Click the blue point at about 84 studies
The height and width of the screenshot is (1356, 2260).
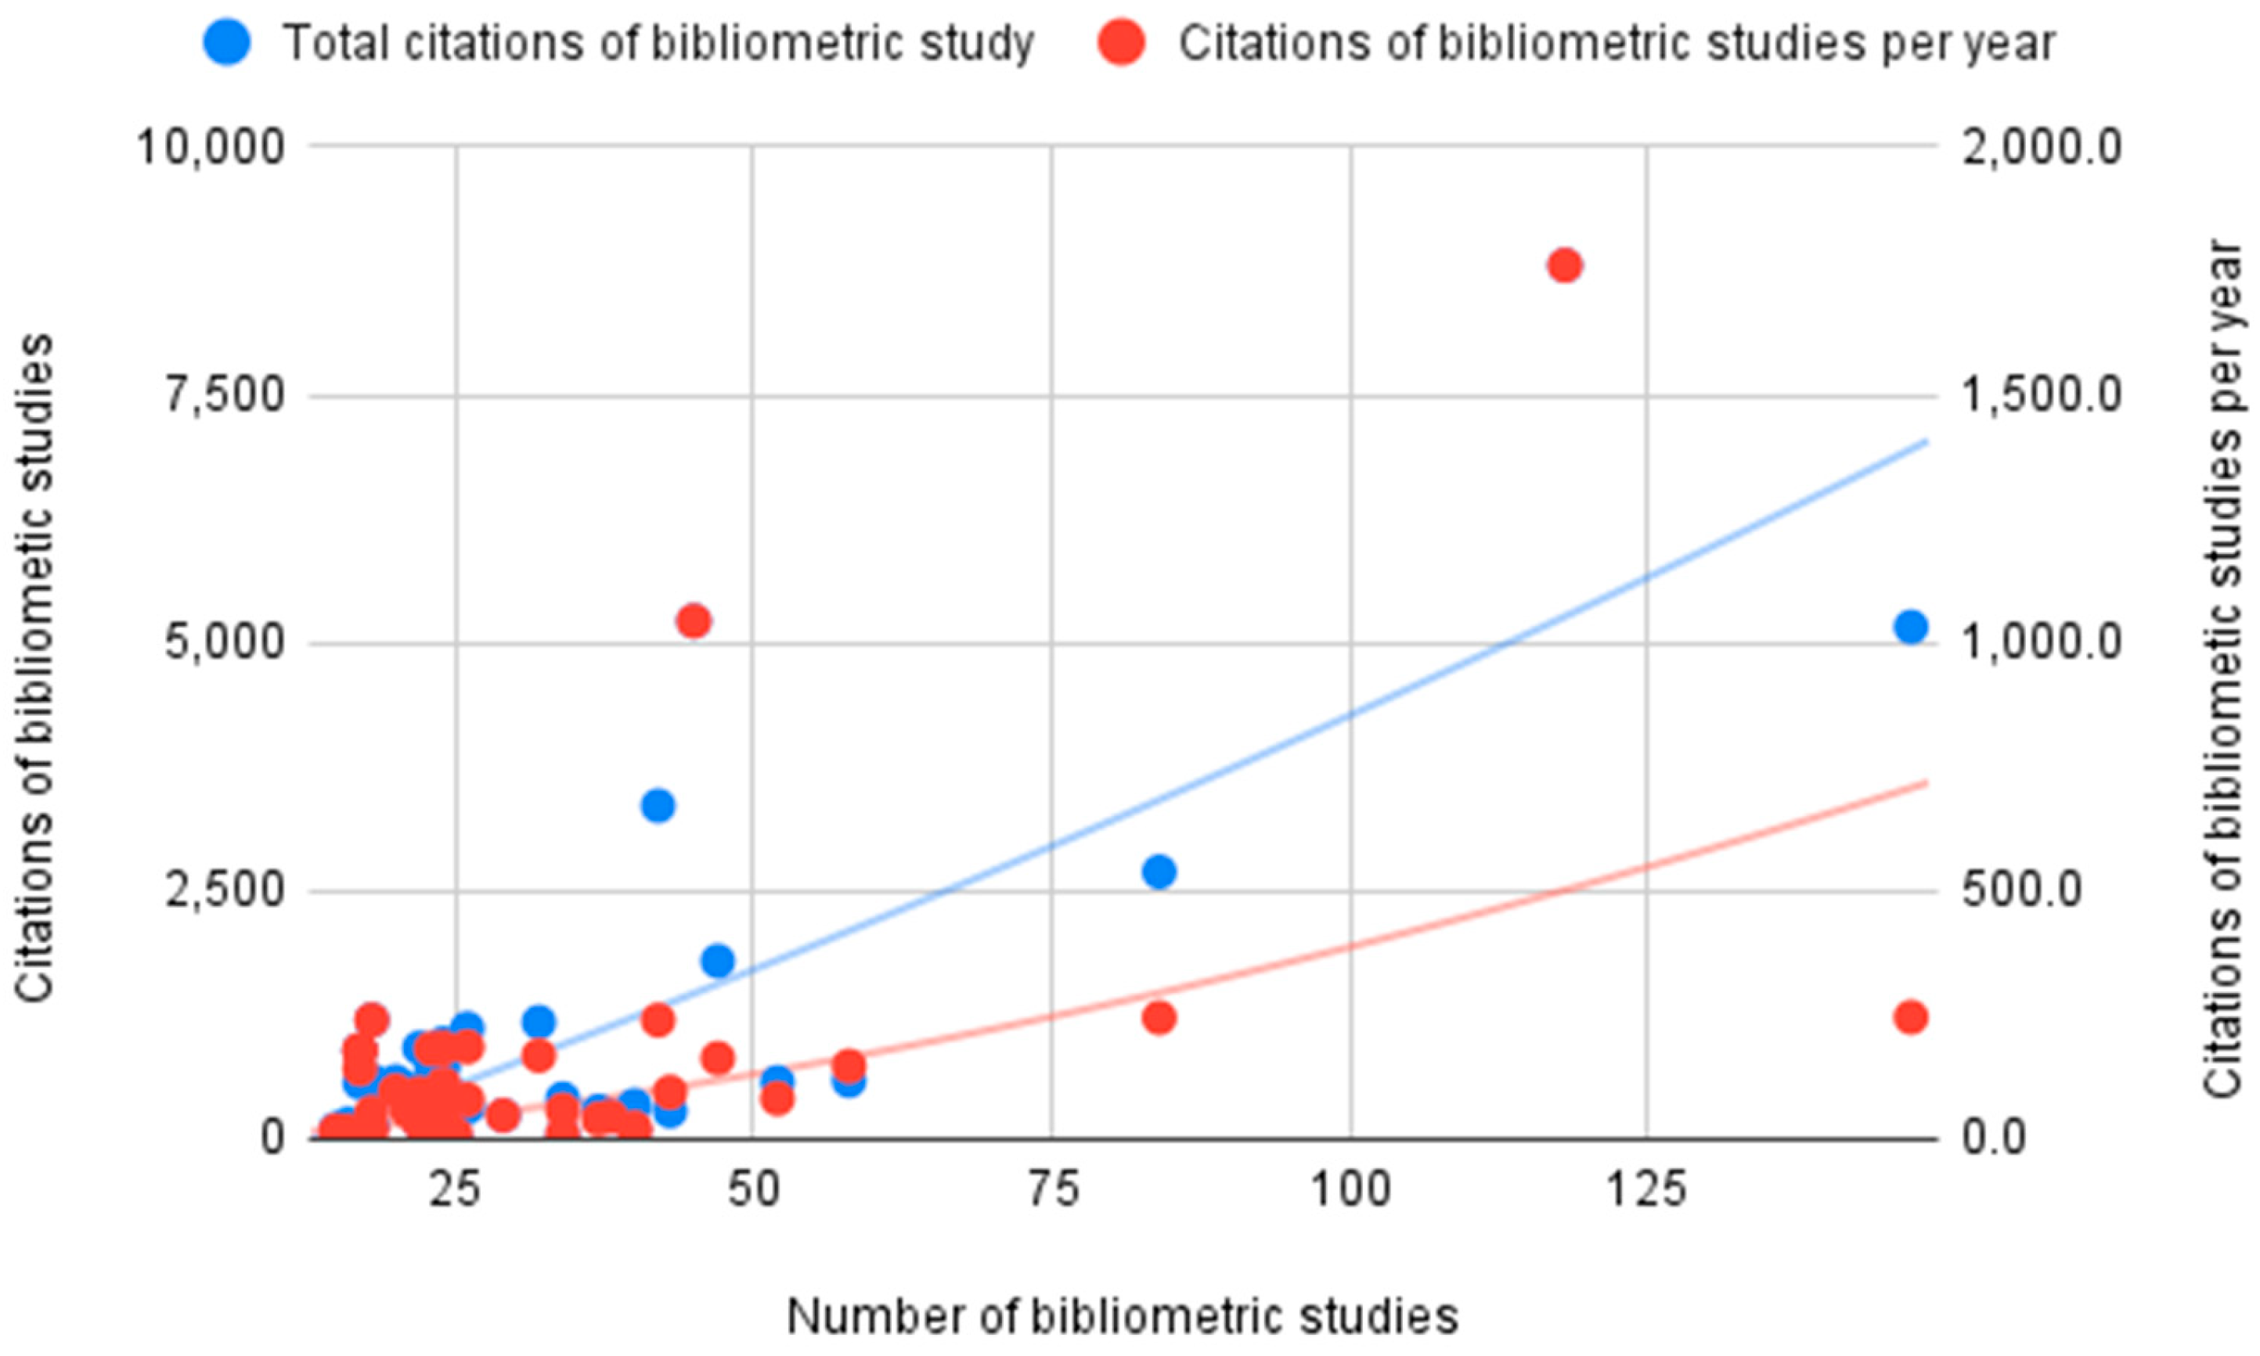pyautogui.click(x=1159, y=872)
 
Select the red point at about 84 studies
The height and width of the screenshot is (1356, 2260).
pyautogui.click(x=1159, y=1017)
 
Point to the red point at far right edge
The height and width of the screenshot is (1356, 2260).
pyautogui.click(x=1911, y=1017)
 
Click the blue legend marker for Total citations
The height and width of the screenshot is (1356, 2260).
pyautogui.click(x=227, y=42)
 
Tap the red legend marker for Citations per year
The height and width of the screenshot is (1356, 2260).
pyautogui.click(x=1121, y=42)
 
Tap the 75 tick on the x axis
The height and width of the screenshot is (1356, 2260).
pyautogui.click(x=1052, y=1191)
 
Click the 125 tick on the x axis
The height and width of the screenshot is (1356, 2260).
pyautogui.click(x=1647, y=1191)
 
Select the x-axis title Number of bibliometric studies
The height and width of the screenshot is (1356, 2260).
pyautogui.click(x=1123, y=1317)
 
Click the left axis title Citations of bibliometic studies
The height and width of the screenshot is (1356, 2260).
pyautogui.click(x=37, y=667)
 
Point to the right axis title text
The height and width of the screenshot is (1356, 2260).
pyautogui.click(x=2222, y=667)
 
